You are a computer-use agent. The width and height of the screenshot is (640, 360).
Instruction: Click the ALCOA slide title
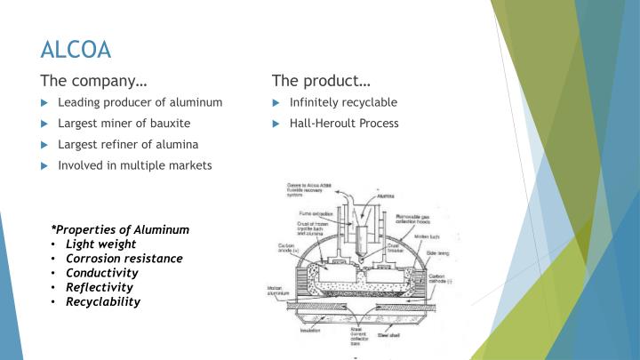[76, 48]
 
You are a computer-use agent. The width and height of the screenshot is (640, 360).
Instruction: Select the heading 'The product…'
[321, 81]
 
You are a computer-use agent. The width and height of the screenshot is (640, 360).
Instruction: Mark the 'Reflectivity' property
[99, 287]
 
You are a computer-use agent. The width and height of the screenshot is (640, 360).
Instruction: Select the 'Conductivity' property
[101, 273]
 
